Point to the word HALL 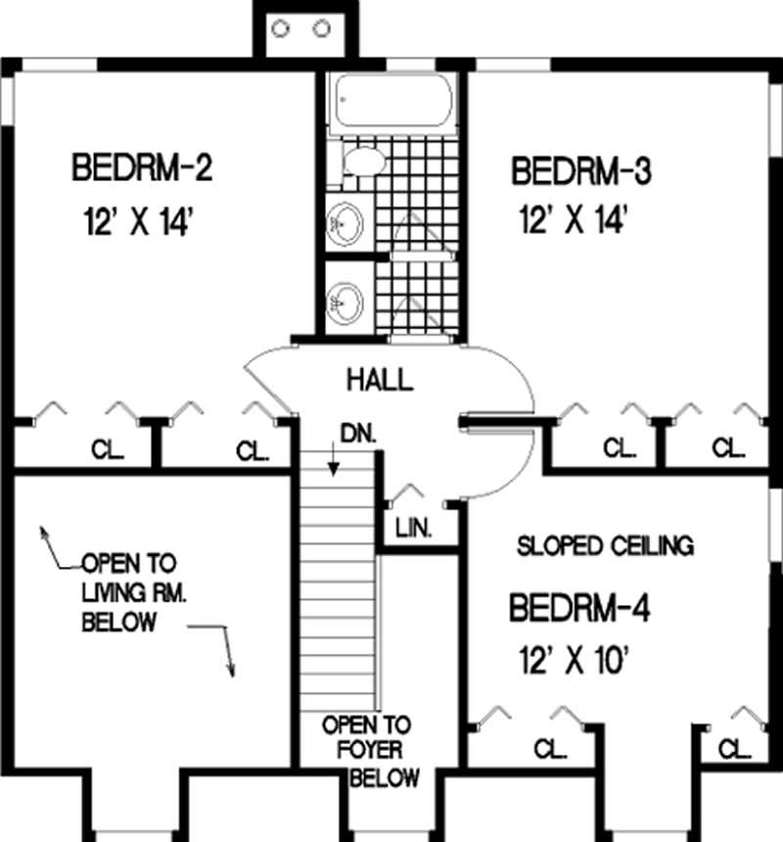pos(379,379)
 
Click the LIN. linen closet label pos(414,529)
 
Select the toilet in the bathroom pos(358,163)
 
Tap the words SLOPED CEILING pos(605,545)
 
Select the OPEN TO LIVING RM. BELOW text pos(127,592)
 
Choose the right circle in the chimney pos(321,28)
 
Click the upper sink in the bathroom pos(345,224)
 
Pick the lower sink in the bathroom pos(345,299)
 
